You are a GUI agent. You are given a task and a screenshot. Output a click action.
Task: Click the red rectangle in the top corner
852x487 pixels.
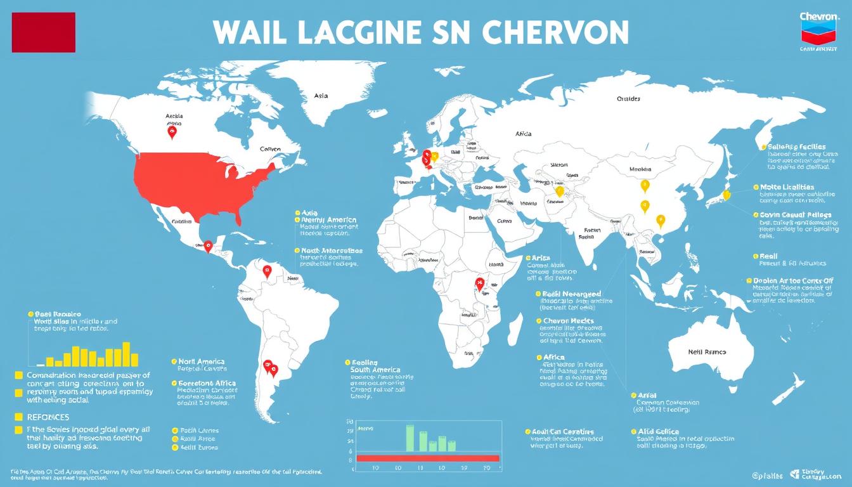pyautogui.click(x=43, y=32)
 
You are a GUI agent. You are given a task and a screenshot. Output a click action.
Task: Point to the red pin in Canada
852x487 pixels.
pyautogui.click(x=172, y=132)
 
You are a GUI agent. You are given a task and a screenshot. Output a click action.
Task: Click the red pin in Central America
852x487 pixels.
pyautogui.click(x=207, y=245)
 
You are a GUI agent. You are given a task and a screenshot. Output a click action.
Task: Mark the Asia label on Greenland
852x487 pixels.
pyautogui.click(x=321, y=96)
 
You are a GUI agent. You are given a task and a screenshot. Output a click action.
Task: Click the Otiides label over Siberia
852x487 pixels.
pyautogui.click(x=628, y=99)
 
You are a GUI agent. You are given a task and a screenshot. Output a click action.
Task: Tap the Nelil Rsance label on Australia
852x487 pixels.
pyautogui.click(x=707, y=352)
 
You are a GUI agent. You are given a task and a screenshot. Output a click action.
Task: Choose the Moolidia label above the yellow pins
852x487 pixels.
pyautogui.click(x=640, y=169)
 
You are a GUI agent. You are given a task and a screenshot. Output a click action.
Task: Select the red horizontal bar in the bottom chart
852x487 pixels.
pyautogui.click(x=428, y=458)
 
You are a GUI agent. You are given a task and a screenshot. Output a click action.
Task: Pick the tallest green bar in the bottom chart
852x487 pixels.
pyautogui.click(x=410, y=438)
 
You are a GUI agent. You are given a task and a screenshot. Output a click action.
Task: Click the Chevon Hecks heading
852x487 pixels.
pyautogui.click(x=569, y=321)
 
